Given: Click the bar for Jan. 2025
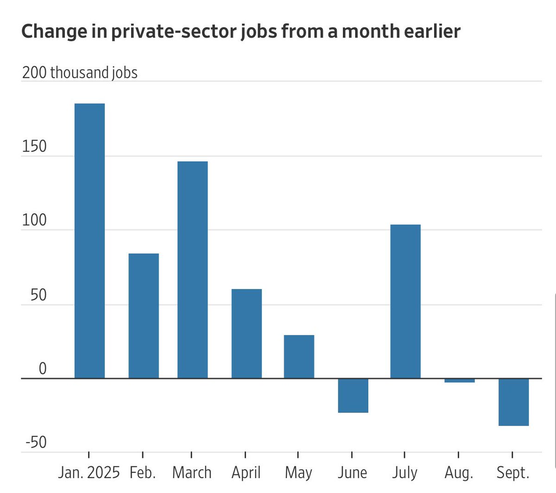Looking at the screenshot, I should tap(89, 241).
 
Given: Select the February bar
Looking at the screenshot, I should tap(144, 316).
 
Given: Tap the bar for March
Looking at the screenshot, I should tap(193, 270).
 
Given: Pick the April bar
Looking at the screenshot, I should tap(246, 334).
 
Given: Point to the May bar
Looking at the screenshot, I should tap(299, 357).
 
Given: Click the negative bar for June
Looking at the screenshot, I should tap(353, 396).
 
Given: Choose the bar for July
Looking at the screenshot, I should tap(405, 301).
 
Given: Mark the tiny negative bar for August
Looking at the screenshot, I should tap(459, 381).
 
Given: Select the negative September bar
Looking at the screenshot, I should tap(513, 402).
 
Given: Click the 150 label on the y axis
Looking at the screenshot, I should tap(34, 146).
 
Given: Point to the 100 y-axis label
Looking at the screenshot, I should tap(34, 221).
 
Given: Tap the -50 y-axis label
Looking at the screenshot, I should tap(36, 442).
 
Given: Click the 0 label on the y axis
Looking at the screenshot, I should tap(43, 369).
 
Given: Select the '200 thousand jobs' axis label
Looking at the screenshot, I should tap(80, 73).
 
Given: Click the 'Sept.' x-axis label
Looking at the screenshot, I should tap(512, 473).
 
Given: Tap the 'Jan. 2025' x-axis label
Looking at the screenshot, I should tap(89, 473).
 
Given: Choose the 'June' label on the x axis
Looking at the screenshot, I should tap(352, 473).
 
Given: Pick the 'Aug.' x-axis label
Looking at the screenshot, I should tap(459, 473).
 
